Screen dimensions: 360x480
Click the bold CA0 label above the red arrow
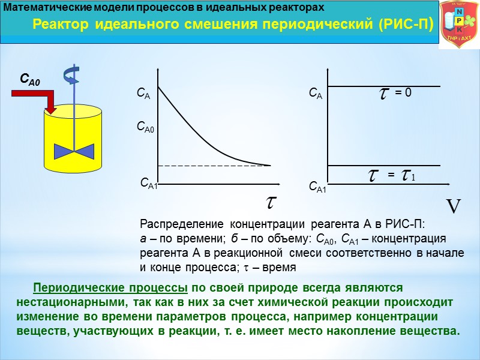29,79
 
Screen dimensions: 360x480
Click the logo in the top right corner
459,25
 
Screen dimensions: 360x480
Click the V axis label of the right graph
454,207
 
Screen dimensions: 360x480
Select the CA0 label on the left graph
147,127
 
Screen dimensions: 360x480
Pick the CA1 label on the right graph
318,188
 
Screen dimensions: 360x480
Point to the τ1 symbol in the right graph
409,175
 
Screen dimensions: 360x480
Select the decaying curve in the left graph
192,129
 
